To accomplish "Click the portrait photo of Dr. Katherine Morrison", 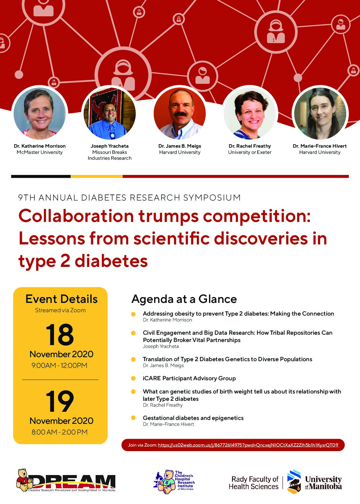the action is [x=40, y=113].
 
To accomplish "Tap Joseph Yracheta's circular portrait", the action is [x=110, y=113].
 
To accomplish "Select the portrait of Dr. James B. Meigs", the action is [x=180, y=113].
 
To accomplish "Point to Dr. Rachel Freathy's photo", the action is [x=250, y=113].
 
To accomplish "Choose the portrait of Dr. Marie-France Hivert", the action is [x=320, y=113].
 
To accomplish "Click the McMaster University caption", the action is [x=40, y=152].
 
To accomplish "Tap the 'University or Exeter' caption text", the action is [x=250, y=152].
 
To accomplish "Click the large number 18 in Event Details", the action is [x=60, y=334].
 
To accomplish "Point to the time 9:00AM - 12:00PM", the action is [x=60, y=365].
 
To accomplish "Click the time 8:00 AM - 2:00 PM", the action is [x=60, y=432].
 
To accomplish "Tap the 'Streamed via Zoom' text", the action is [x=60, y=310].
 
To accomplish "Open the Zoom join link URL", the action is [x=248, y=445].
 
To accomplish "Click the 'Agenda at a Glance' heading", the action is [x=184, y=299].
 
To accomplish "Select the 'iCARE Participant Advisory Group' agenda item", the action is [x=189, y=378].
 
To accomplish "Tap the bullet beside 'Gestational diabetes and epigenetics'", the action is [x=133, y=418].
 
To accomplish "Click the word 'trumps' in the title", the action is [x=168, y=216].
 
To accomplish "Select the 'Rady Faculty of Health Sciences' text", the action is [x=253, y=483].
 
